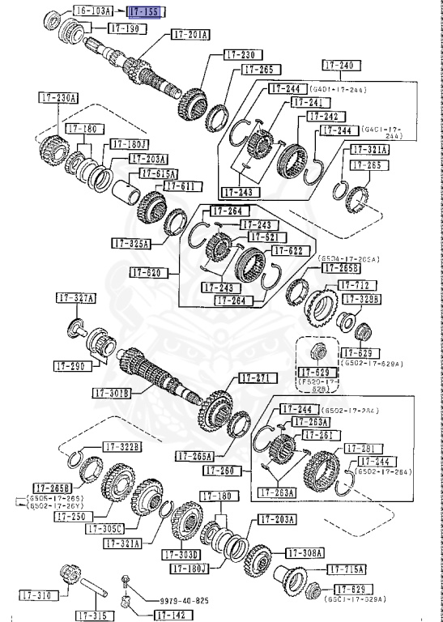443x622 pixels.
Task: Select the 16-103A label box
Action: pos(93,11)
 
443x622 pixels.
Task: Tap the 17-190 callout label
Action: pos(125,28)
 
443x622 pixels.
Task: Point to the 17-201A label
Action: pos(190,35)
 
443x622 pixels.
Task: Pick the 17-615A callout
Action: pos(159,173)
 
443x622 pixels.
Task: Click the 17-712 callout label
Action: pos(355,285)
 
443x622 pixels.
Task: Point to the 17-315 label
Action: pos(95,616)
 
